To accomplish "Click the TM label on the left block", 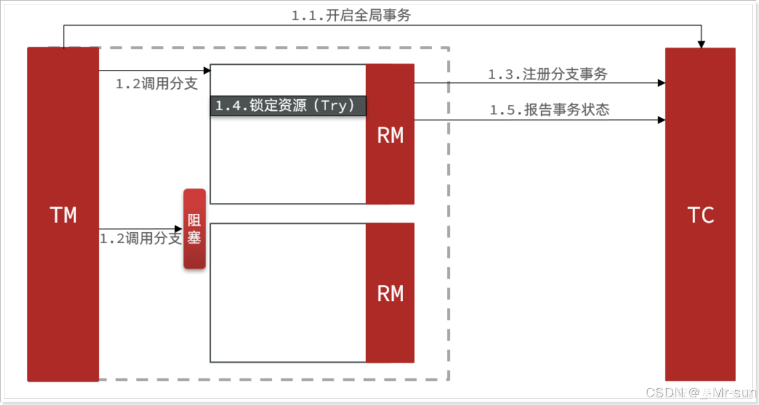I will point(63,215).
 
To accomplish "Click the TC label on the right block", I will point(701,215).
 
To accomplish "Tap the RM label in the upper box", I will point(390,136).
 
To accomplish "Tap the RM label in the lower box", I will point(390,294).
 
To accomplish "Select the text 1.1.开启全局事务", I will point(351,16).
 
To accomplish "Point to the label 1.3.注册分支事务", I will point(547,75).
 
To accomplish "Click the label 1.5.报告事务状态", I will point(549,110).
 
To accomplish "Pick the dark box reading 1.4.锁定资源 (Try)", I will point(288,106).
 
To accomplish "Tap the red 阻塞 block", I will point(194,229).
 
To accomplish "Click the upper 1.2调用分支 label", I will point(157,84).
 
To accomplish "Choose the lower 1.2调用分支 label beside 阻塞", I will point(140,238).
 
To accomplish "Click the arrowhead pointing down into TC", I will point(702,44).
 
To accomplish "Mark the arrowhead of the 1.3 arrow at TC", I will point(661,83).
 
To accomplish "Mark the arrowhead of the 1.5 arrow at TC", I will point(661,119).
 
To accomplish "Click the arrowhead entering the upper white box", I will point(207,70).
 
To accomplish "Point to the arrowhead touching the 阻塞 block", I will point(180,229).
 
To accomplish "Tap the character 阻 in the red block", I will point(194,220).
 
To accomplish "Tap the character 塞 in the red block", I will point(194,238).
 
